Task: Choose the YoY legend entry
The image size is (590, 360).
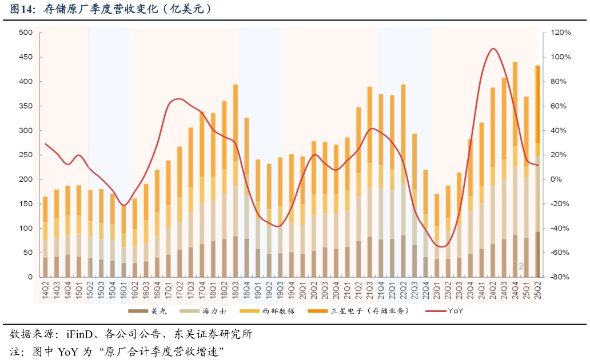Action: coord(446,311)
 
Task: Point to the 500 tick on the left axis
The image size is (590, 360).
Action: coord(25,33)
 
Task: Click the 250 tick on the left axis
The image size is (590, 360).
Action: coord(25,155)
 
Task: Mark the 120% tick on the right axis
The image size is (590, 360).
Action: coord(561,33)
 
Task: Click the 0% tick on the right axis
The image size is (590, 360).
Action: coord(557,179)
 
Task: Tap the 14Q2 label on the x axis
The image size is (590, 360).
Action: coord(45,289)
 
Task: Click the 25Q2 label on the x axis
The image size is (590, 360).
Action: coord(537,289)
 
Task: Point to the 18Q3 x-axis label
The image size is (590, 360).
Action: coord(236,289)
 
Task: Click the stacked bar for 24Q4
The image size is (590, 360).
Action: coord(515,171)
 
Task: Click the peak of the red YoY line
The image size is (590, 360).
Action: coord(493,49)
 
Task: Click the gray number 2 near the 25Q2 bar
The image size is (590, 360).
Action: coord(521,266)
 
